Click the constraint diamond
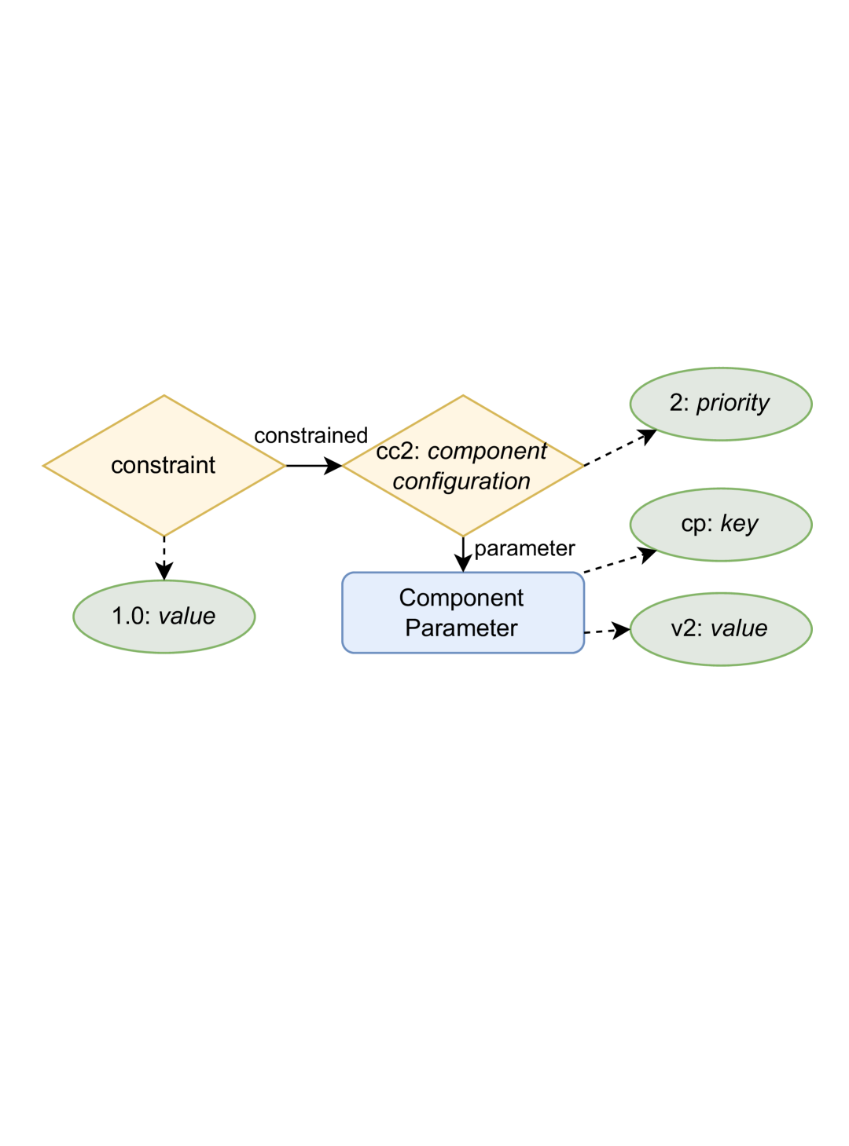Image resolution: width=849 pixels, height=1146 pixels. pos(164,465)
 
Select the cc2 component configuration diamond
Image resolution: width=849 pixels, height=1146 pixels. pos(462,466)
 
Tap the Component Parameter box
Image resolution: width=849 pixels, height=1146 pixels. pos(462,613)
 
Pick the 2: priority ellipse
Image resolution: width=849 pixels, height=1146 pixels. pos(720,404)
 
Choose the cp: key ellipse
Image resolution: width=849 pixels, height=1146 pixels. pos(720,525)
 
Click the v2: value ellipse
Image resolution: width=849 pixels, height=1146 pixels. pos(720,628)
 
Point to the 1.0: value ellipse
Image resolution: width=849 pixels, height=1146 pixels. pos(164,616)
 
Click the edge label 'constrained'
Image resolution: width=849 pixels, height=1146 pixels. pos(311,435)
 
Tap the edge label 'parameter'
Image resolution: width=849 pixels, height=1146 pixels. pos(524,548)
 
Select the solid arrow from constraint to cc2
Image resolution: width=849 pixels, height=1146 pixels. pos(313,466)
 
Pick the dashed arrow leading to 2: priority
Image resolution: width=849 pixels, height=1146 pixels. pos(619,448)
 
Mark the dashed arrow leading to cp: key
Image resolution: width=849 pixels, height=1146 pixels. pos(619,562)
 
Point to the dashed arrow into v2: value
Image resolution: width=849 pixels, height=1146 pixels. pos(606,631)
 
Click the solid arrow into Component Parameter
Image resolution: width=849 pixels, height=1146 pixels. pos(463,554)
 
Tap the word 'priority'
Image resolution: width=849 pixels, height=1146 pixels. pos(733,403)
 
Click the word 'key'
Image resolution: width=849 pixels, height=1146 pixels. pos(739,524)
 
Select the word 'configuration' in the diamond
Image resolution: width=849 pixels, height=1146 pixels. pos(461,481)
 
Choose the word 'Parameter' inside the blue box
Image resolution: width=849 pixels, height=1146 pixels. pos(461,628)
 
